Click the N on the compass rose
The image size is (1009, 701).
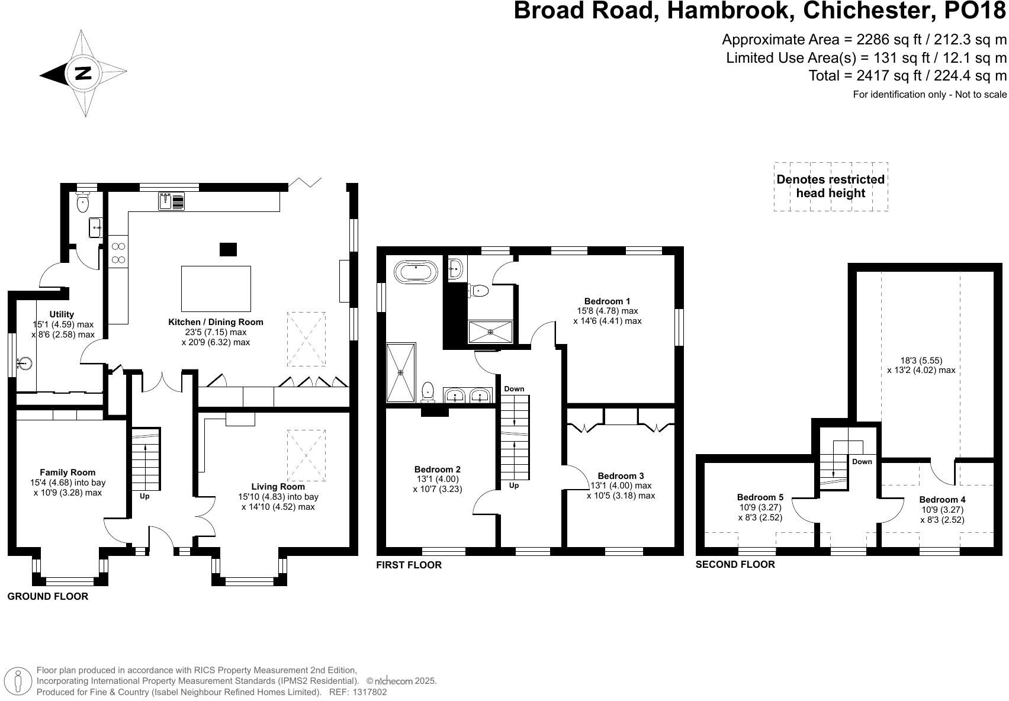(83, 73)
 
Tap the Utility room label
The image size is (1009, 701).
(62, 314)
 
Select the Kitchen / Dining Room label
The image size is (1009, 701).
(216, 322)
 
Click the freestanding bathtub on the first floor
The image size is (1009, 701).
(415, 272)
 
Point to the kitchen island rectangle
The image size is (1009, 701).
(216, 289)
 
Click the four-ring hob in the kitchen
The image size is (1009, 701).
(118, 253)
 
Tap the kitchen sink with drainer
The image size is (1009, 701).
(172, 201)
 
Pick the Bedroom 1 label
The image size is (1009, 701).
(607, 301)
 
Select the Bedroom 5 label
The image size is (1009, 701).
(760, 497)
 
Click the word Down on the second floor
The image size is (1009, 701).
(862, 462)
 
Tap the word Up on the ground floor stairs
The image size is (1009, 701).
(144, 497)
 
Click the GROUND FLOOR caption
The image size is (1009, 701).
(48, 596)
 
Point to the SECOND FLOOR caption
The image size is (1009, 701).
(735, 564)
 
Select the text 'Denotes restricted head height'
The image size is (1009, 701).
(831, 186)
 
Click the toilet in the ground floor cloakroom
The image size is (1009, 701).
(83, 201)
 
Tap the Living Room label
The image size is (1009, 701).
(278, 487)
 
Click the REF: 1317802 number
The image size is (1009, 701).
(358, 692)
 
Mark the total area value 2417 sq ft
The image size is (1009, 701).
(882, 76)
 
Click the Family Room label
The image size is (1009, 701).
(68, 472)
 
